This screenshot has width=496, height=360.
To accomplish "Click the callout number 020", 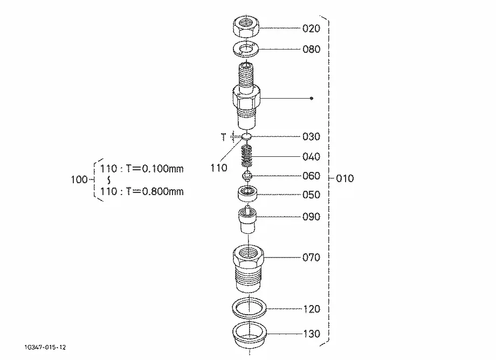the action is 311,29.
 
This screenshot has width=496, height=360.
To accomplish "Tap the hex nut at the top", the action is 246,27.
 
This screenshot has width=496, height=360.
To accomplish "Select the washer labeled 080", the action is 246,49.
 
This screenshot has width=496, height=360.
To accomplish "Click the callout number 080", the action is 311,49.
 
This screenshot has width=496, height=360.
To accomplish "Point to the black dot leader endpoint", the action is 312,98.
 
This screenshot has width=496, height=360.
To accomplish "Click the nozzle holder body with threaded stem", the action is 246,96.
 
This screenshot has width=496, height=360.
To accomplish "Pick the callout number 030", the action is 311,136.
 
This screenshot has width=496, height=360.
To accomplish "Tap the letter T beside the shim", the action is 224,137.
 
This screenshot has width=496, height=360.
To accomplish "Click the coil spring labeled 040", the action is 247,156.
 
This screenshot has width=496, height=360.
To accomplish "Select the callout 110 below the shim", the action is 219,168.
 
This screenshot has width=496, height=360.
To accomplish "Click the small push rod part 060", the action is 247,176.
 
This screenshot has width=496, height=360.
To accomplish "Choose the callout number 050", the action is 311,195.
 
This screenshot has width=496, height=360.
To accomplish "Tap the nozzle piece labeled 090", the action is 247,219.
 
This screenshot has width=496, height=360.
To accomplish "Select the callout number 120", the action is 312,309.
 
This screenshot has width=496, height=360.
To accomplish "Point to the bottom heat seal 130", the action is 249,335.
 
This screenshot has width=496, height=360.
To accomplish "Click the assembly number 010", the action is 345,178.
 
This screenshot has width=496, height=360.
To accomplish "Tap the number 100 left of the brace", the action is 79,180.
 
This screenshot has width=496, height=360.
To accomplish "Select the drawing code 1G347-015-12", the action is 45,348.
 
